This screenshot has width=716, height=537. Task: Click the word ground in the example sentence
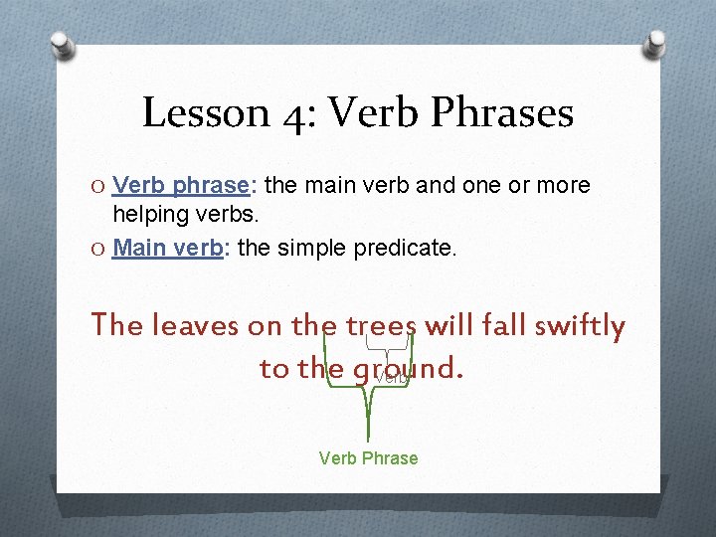[394, 369]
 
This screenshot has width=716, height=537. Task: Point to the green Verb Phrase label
[368, 458]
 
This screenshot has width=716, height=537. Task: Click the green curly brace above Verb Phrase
[368, 398]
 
